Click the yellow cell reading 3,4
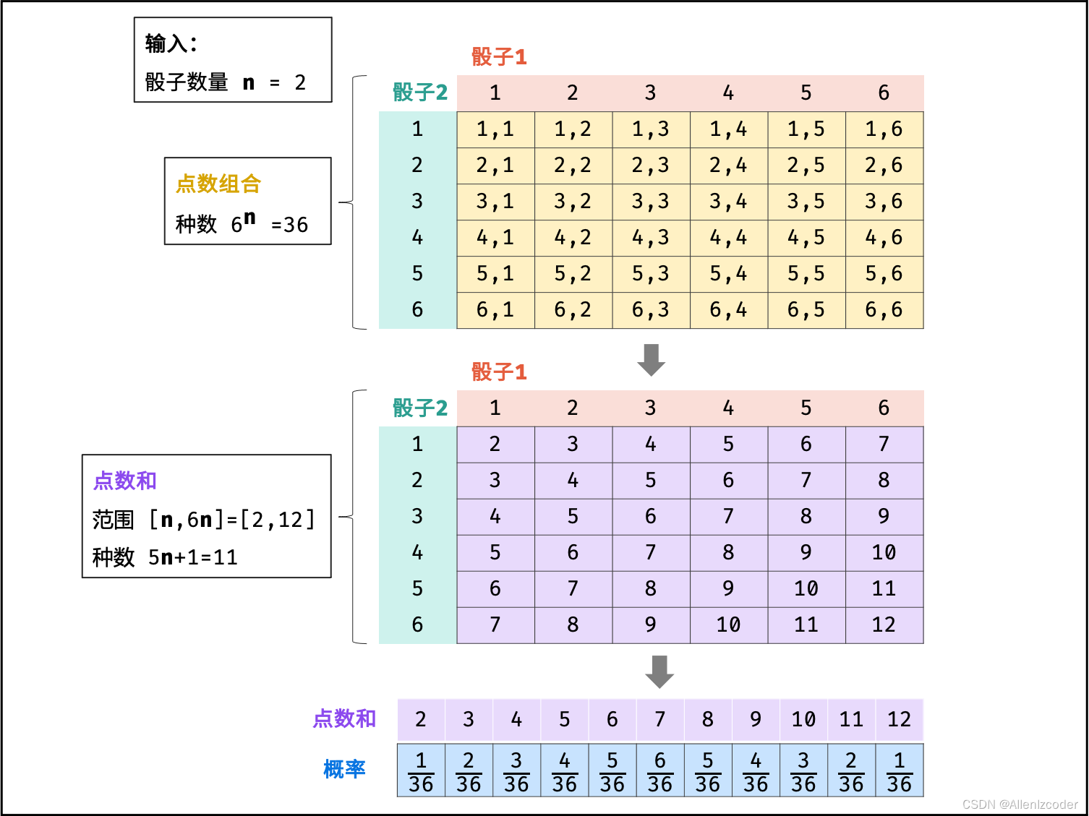[x=728, y=202]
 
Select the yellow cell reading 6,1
[x=495, y=310]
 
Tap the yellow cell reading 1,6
[x=884, y=129]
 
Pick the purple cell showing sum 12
[x=884, y=625]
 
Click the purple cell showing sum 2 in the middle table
[x=495, y=444]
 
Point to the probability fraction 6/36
[x=660, y=771]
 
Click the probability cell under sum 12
[x=899, y=771]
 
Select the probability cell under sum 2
[x=421, y=771]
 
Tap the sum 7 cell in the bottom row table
[x=660, y=720]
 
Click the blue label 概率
[x=344, y=770]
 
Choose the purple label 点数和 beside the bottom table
[x=344, y=718]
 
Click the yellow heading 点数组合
[x=218, y=184]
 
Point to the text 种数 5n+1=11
[x=165, y=557]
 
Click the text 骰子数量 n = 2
[x=225, y=82]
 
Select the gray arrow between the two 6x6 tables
[x=651, y=359]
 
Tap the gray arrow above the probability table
[x=659, y=671]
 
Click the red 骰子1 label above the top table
[x=499, y=57]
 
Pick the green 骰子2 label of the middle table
[x=420, y=408]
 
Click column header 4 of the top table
[x=728, y=93]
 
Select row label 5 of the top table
[x=417, y=274]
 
